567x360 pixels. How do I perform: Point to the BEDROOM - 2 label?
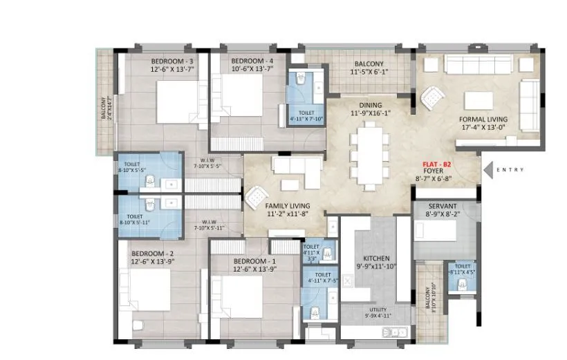coord(154,254)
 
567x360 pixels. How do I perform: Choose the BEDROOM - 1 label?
coord(254,260)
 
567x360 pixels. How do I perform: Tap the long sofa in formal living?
coord(478,66)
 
